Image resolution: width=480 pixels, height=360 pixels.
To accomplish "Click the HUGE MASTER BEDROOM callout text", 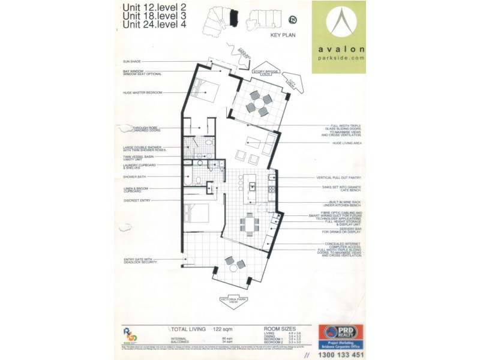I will (x=142, y=92).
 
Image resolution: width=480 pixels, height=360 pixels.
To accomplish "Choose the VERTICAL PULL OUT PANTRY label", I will (x=340, y=178).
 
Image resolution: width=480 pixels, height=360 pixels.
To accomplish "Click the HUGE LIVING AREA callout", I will (x=341, y=143).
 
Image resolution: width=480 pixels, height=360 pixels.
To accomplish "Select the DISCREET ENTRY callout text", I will (x=136, y=200).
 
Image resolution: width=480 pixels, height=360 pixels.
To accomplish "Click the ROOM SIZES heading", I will (x=280, y=329).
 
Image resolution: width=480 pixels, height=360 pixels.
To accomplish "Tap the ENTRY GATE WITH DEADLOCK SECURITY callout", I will (x=140, y=261).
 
